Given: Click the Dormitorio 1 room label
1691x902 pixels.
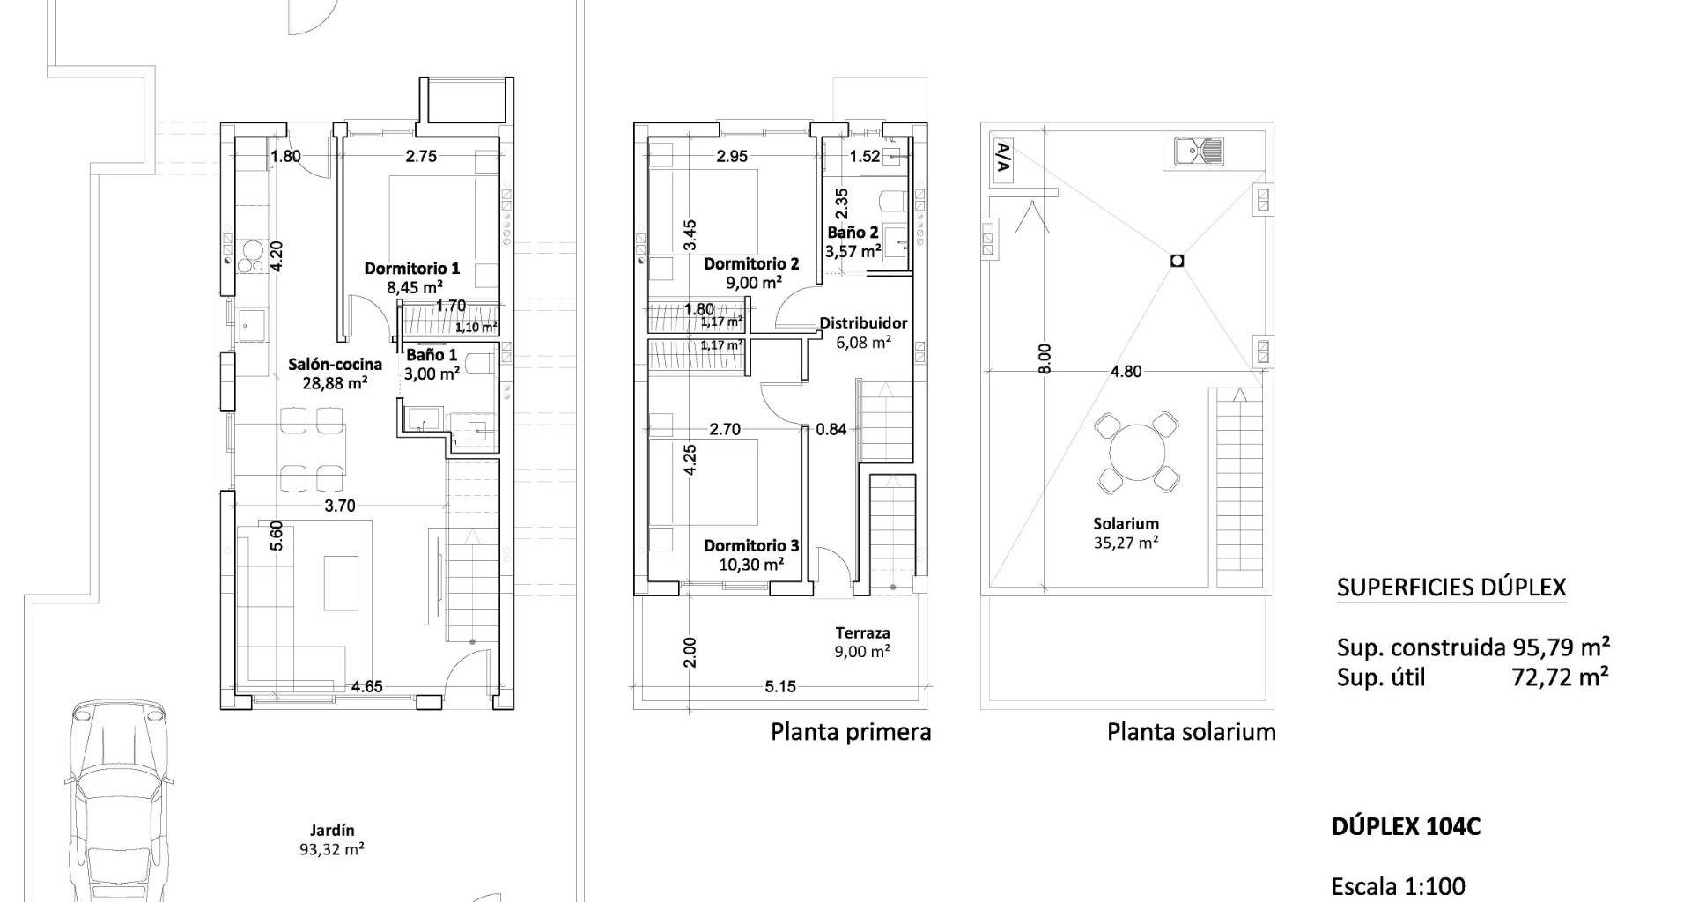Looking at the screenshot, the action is point(412,268).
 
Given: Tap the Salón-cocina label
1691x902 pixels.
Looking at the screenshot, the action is point(336,364).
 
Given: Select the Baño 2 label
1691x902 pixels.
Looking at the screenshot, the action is point(853,233).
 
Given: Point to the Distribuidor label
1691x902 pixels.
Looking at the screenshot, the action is point(863,323).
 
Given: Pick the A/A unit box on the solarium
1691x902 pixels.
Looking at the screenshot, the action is point(1003,160).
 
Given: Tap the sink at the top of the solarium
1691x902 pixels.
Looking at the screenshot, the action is point(1199,152).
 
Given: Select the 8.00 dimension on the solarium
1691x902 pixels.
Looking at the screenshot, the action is point(1045,359).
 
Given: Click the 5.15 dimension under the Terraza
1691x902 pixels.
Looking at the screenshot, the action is point(780,686).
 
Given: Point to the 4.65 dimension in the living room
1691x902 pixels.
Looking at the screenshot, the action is point(367,686).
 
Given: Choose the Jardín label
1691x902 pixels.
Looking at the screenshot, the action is point(332,830).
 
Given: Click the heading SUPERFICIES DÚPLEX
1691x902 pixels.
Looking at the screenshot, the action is point(1451,588).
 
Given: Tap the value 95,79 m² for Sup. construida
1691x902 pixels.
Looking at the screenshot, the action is point(1562,647).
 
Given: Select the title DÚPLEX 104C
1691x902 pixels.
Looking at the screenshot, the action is point(1406,826).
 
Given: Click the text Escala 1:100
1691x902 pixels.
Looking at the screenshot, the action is point(1399,885).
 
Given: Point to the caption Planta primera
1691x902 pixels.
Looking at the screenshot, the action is point(851,732).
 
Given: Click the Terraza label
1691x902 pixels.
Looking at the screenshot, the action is point(863,632).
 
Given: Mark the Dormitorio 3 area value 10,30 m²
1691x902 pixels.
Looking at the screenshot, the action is point(751,565).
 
